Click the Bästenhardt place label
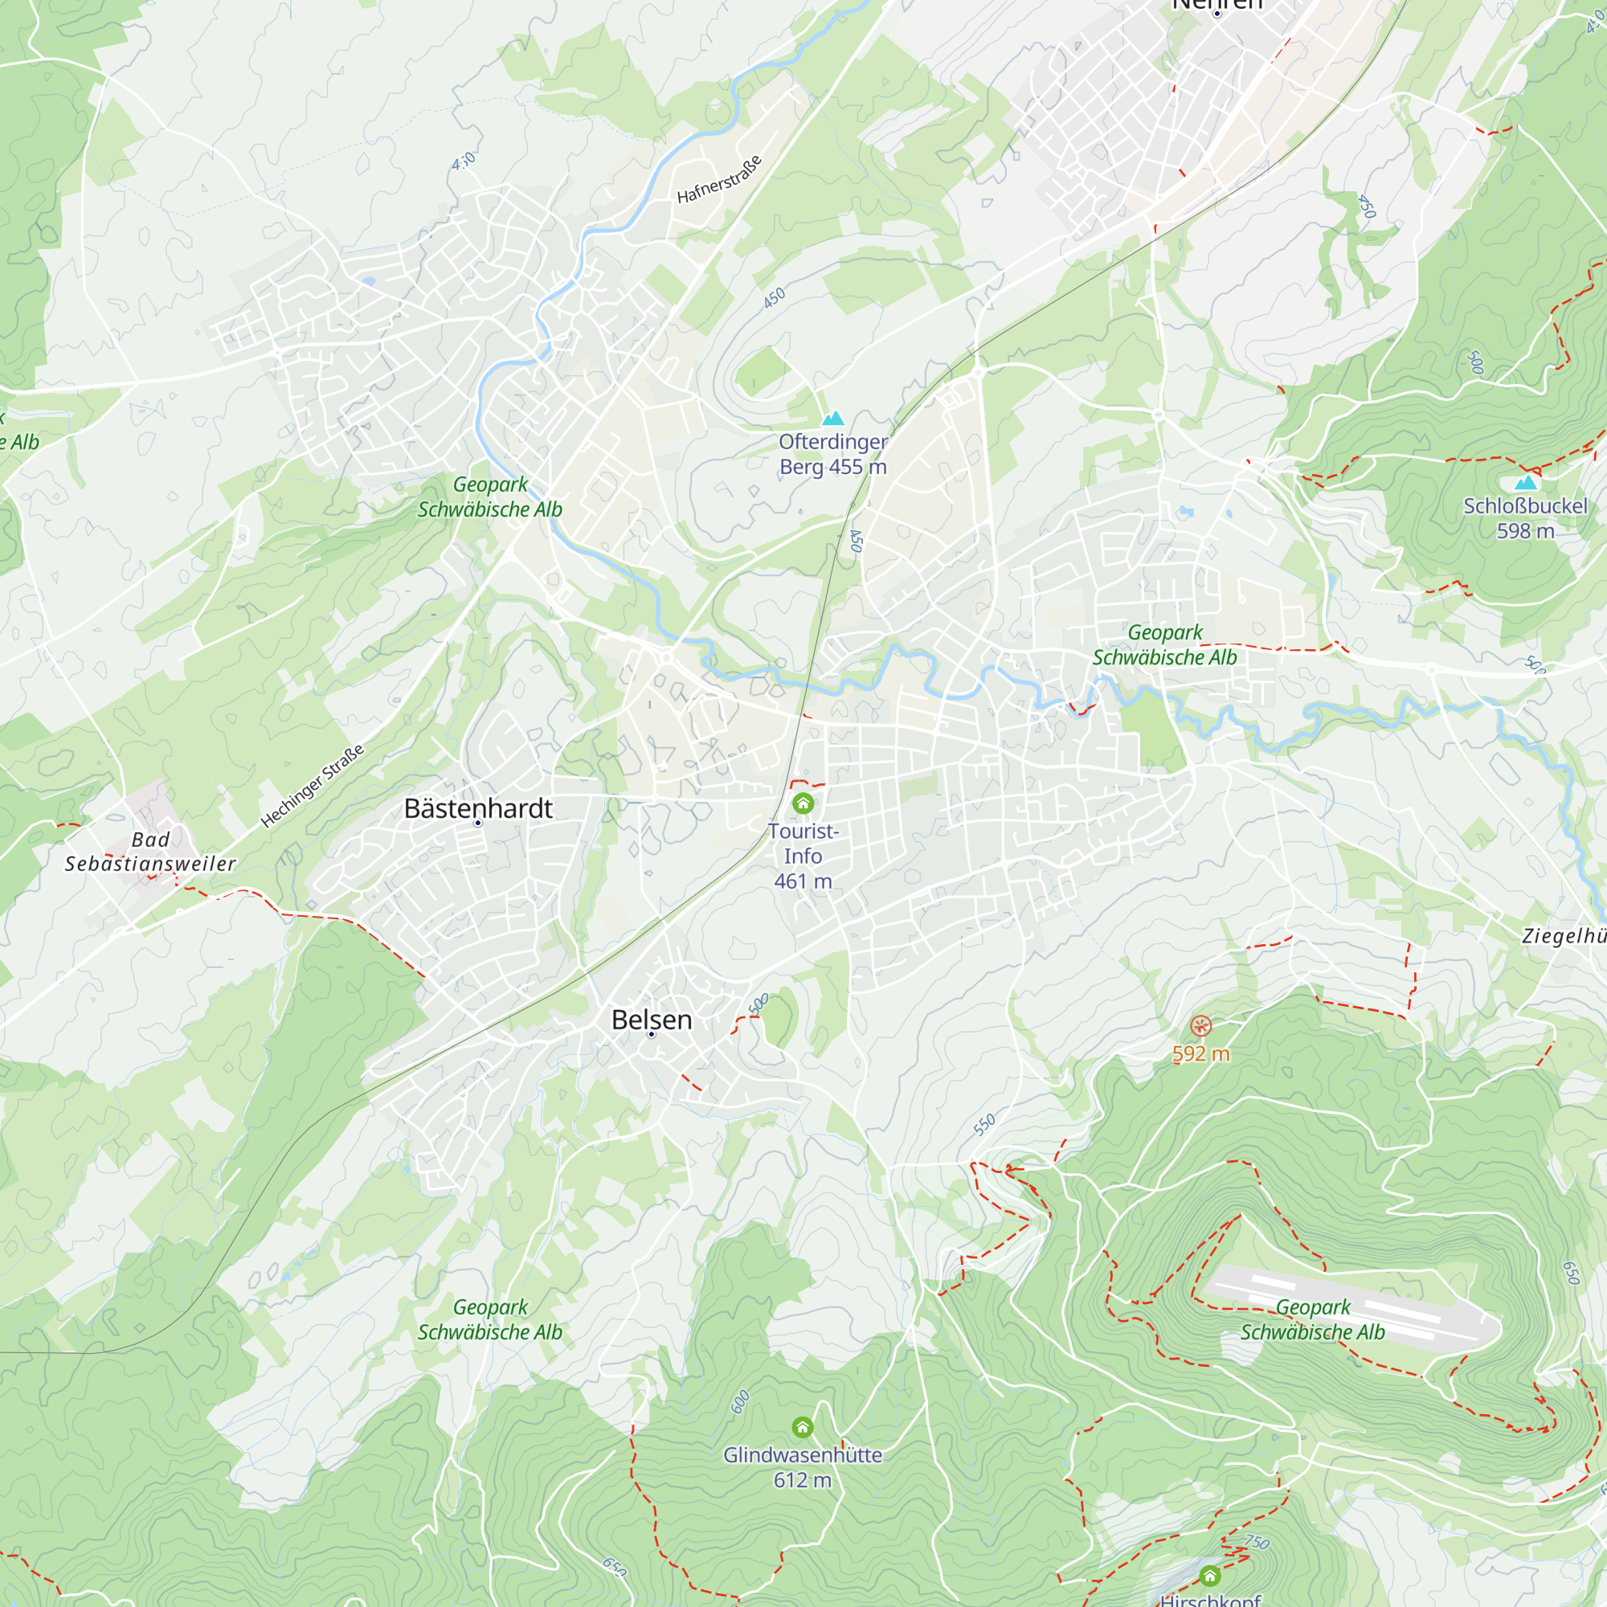[x=478, y=808]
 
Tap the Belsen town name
[x=652, y=1019]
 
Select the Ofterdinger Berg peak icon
[x=832, y=419]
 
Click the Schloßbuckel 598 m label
[x=1525, y=518]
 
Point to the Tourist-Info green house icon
[x=803, y=803]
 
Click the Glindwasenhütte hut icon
[x=802, y=1427]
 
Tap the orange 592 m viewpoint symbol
[x=1200, y=1025]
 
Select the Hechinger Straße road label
[x=312, y=786]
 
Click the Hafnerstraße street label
[x=718, y=179]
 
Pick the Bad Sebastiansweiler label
[x=150, y=852]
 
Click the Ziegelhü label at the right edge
[x=1564, y=936]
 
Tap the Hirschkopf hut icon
[x=1209, y=1576]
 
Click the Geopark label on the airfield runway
[x=1313, y=1319]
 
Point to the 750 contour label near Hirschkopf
[x=1257, y=1542]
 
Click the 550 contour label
[x=984, y=1126]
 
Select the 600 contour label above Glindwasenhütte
[x=739, y=1401]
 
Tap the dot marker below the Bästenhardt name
[x=478, y=824]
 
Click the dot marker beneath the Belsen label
[x=652, y=1035]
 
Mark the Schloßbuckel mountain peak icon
[x=1526, y=482]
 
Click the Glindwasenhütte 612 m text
[x=802, y=1467]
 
